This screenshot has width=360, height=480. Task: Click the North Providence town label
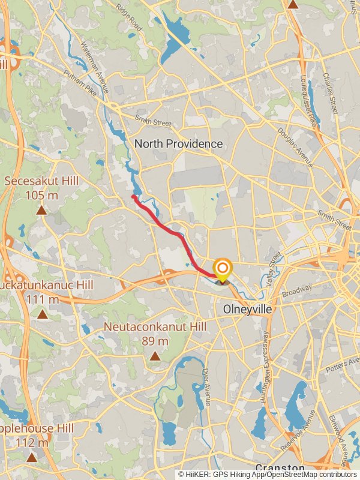(x=178, y=144)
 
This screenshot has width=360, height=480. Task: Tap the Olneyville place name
(x=247, y=310)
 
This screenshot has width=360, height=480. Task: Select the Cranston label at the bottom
(x=280, y=467)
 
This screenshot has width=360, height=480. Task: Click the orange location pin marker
(x=223, y=269)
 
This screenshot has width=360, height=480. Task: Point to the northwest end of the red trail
(x=133, y=196)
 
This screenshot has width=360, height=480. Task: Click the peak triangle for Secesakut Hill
(x=41, y=211)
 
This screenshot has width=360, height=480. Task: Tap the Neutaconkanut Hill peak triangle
(x=155, y=356)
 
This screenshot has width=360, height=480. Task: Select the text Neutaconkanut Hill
(x=155, y=327)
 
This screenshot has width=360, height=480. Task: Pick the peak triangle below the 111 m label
(x=42, y=314)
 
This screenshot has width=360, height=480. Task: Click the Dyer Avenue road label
(x=206, y=387)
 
